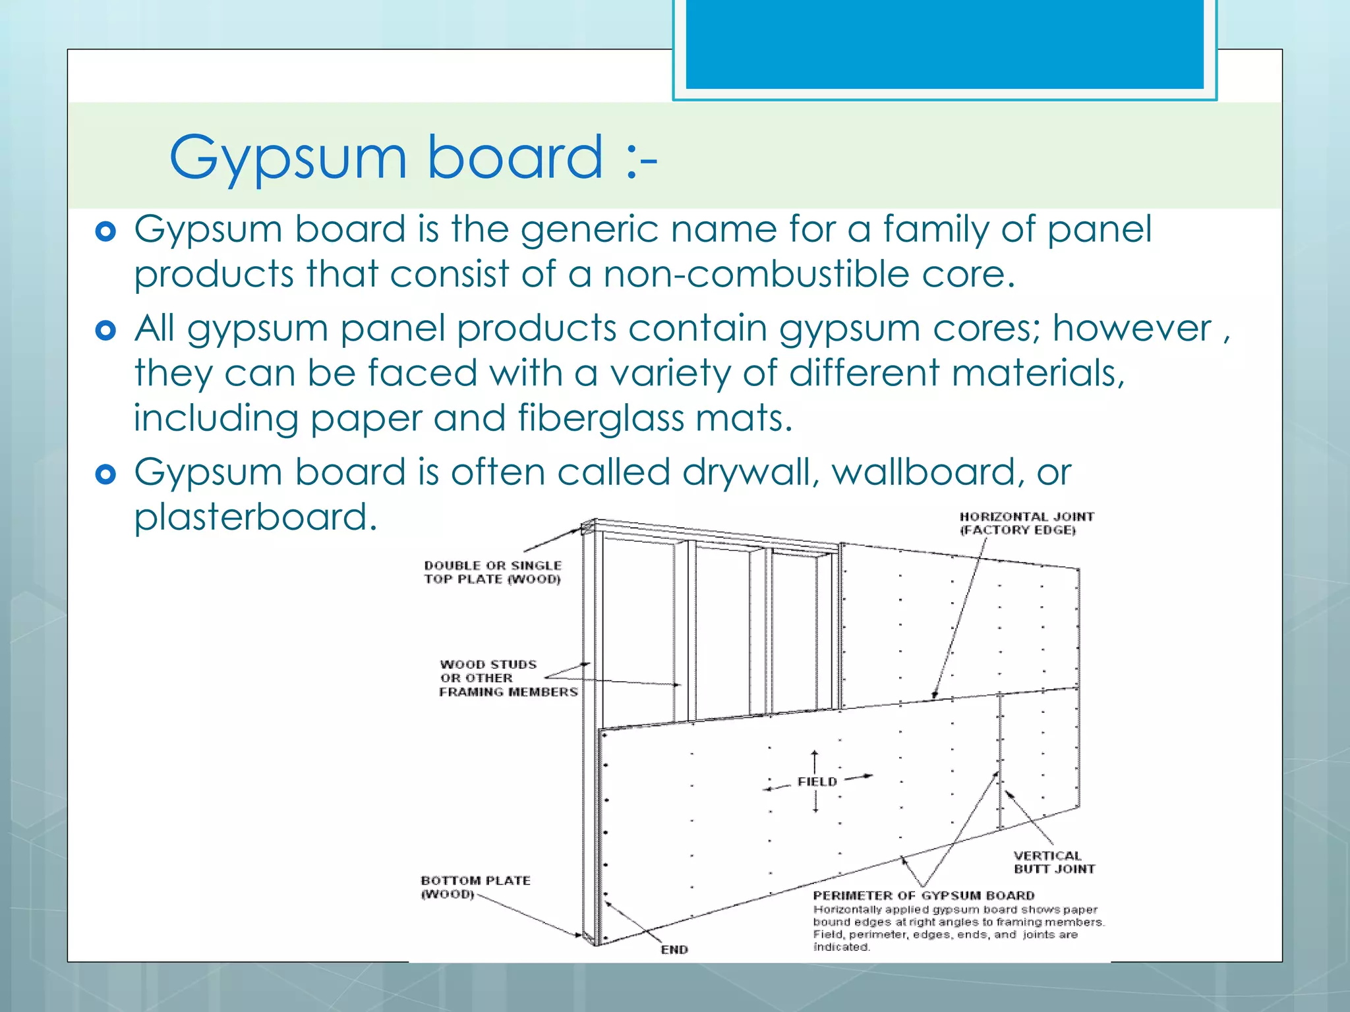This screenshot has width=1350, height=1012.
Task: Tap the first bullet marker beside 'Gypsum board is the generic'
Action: click(105, 231)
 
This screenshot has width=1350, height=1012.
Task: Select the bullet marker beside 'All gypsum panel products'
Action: click(105, 330)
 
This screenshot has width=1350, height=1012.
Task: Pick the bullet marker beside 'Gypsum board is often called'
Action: click(105, 474)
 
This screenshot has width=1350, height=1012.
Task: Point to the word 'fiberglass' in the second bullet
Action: click(601, 418)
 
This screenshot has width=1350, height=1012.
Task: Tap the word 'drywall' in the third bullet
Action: click(750, 472)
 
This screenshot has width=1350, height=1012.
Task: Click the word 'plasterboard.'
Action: click(256, 517)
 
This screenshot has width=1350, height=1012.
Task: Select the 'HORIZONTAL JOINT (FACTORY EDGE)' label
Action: click(1026, 523)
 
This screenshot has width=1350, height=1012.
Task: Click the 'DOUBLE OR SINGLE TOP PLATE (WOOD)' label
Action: click(492, 572)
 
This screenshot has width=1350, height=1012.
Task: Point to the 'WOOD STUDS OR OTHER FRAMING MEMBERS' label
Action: click(508, 678)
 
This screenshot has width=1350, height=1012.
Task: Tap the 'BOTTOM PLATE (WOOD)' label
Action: click(475, 887)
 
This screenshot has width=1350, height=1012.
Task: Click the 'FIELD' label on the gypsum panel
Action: click(817, 781)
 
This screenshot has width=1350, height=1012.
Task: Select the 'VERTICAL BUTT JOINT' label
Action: click(1053, 862)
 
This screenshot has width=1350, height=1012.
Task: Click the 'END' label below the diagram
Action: click(674, 949)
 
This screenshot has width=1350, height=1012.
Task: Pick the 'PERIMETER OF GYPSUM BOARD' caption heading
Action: click(924, 895)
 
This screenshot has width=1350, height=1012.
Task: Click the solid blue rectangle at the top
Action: click(944, 43)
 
